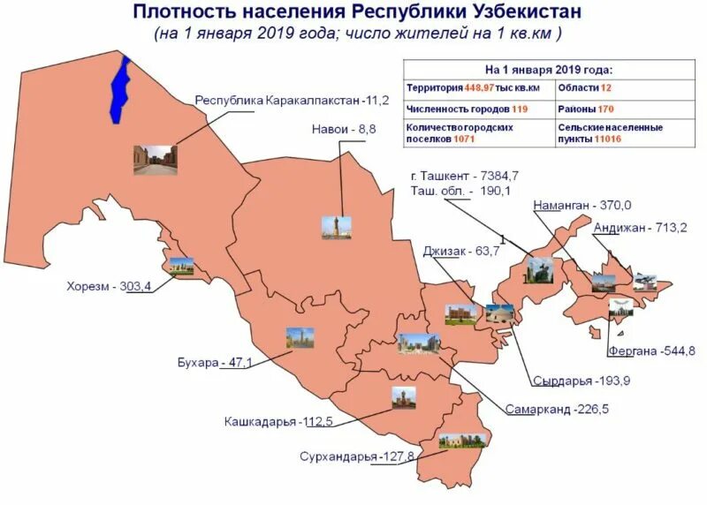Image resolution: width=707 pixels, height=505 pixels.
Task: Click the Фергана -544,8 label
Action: click(651, 351)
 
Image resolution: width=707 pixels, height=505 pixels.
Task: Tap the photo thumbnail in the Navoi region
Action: click(336, 226)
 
